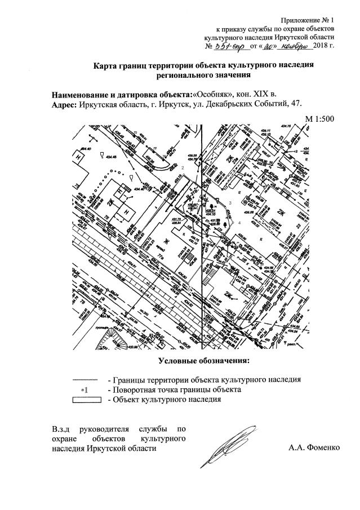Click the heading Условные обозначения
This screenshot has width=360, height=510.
tap(203, 360)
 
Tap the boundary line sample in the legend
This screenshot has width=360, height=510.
tap(86, 379)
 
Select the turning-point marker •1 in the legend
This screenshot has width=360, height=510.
tap(85, 389)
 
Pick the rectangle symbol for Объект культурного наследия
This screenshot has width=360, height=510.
tap(86, 400)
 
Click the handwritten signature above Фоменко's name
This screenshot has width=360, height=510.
tap(231, 443)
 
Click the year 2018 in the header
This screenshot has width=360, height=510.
tap(323, 46)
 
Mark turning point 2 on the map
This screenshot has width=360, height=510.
tap(183, 168)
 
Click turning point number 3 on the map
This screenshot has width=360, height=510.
tap(230, 202)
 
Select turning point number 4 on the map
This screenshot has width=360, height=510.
tap(239, 223)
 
